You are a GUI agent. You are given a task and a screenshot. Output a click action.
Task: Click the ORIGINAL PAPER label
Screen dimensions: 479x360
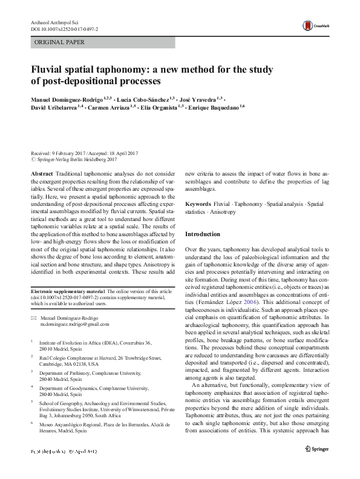coord(51,42)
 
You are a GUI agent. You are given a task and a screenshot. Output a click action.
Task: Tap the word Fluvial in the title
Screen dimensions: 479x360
coord(51,68)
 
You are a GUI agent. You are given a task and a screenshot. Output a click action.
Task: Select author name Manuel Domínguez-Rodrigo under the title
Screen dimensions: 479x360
coord(67,98)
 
